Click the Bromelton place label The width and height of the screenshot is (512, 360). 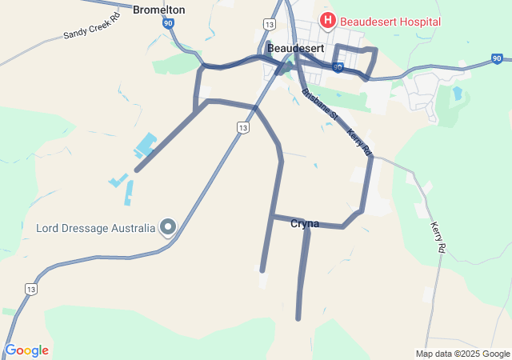coord(158,10)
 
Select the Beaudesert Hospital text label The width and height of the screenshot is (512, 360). coord(390,21)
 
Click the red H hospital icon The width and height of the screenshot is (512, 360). coord(328,20)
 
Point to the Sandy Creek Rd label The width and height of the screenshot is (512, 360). coord(91,26)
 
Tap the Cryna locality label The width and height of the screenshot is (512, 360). coord(305,224)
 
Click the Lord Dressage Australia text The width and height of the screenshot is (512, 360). coord(95,228)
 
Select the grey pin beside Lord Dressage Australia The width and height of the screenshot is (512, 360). coord(168,228)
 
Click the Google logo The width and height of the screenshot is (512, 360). coord(26,350)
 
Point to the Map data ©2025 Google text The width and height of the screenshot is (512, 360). coord(462,354)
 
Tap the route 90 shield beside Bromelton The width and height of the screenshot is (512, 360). coord(167,25)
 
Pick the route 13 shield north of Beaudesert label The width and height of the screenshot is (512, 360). coord(269,24)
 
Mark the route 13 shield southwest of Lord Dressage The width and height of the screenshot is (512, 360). coord(30,289)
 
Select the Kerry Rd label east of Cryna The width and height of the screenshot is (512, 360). coord(438,238)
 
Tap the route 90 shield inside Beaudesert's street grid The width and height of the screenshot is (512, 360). coord(338,68)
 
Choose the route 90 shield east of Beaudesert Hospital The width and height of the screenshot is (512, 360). coord(497,59)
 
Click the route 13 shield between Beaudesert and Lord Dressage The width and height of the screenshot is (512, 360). coord(242,127)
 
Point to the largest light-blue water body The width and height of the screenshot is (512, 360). coord(145,146)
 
